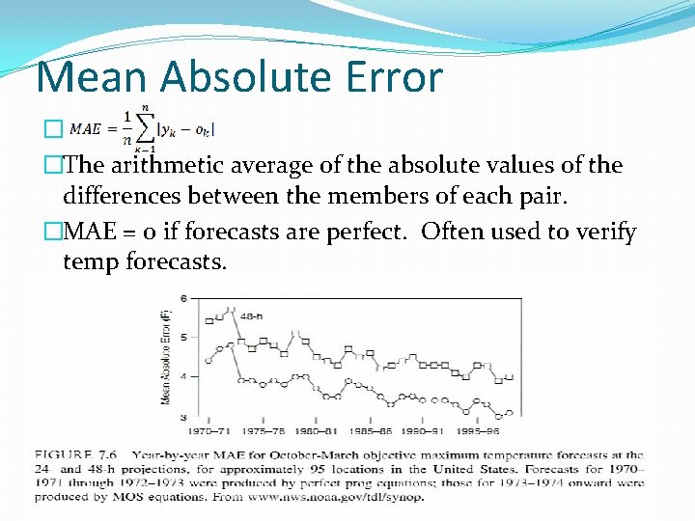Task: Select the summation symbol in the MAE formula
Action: click(145, 128)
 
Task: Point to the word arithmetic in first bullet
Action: click(176, 166)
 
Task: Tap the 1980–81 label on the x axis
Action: click(317, 430)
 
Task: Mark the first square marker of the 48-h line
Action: click(208, 320)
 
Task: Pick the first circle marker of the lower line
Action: click(208, 358)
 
